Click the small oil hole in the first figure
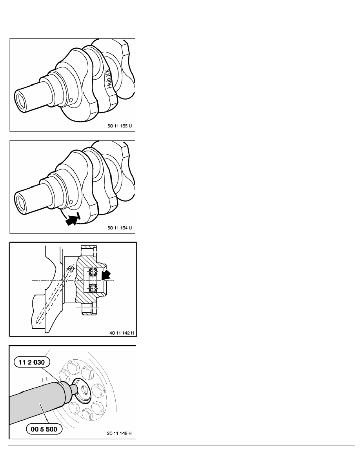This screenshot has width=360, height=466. click(71, 101)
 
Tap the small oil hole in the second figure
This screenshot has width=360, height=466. click(71, 202)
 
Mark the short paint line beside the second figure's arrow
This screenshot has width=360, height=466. click(80, 215)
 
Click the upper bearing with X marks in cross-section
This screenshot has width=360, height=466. click(93, 271)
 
